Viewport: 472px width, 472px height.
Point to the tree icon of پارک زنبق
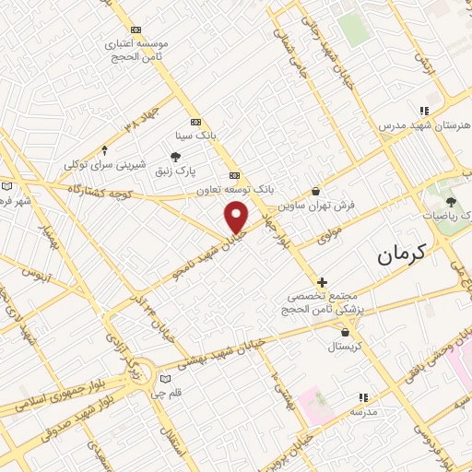coord(175,157)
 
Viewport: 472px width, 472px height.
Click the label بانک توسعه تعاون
coord(235,189)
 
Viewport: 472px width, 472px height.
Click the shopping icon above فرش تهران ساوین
coord(316,191)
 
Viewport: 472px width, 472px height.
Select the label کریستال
coord(346,347)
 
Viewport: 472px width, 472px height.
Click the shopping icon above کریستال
coord(346,333)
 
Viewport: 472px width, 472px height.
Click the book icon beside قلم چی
coord(166,378)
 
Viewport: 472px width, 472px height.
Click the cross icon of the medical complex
coord(321,282)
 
